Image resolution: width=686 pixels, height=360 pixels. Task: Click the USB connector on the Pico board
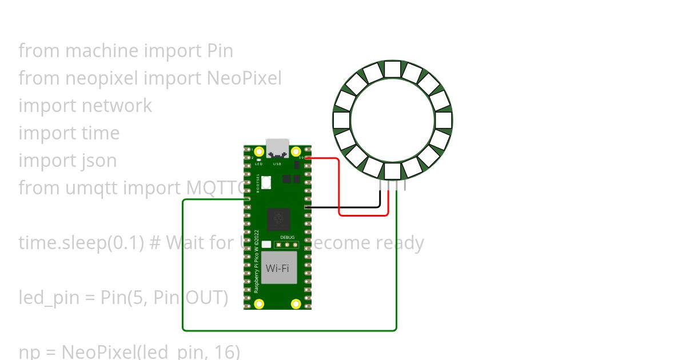coord(277,147)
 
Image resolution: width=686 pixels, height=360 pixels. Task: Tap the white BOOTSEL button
coord(266,182)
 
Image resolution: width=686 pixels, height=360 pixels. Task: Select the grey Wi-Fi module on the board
coord(280,267)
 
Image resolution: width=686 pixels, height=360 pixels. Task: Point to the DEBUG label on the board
coord(287,237)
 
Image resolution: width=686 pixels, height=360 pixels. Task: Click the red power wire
coord(340,189)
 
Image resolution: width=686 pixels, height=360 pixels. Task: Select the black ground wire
coord(343,207)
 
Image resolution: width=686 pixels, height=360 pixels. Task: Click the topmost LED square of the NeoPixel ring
coord(392,69)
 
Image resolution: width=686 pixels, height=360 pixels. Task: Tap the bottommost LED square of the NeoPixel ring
coord(392,171)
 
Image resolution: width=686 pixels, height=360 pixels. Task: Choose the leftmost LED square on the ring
coord(341,121)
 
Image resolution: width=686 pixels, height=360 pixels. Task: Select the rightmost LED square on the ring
coord(444,121)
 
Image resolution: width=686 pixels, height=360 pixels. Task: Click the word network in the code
coord(117,106)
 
